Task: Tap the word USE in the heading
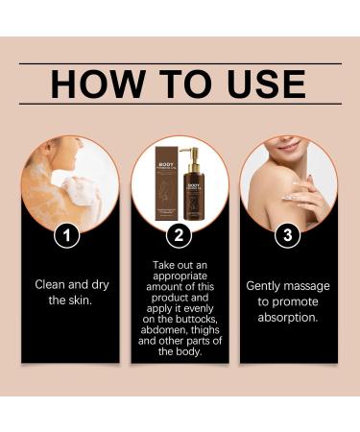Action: (x=263, y=84)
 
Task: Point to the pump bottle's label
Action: (x=198, y=198)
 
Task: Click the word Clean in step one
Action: (x=53, y=284)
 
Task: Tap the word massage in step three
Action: (x=310, y=285)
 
